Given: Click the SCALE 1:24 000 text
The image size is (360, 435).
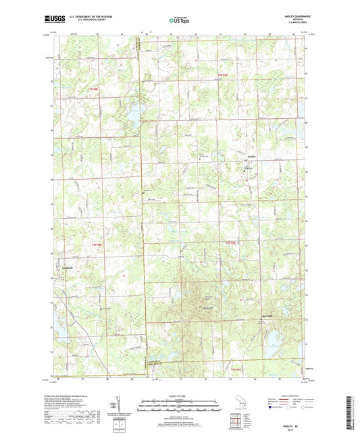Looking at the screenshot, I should click(180, 395).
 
